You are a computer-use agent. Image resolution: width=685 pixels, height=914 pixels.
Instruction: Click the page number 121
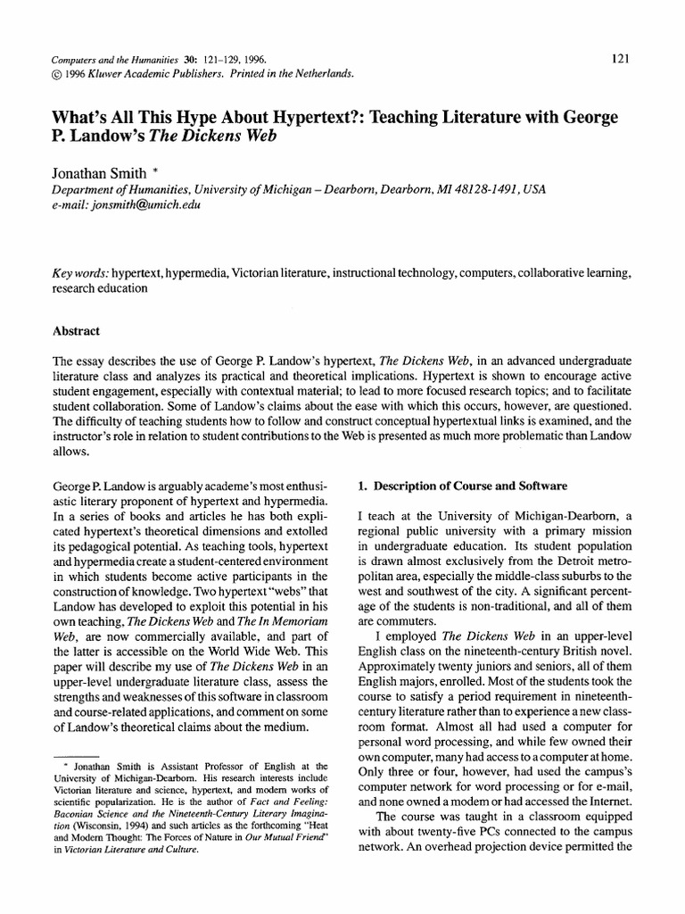(x=622, y=59)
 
